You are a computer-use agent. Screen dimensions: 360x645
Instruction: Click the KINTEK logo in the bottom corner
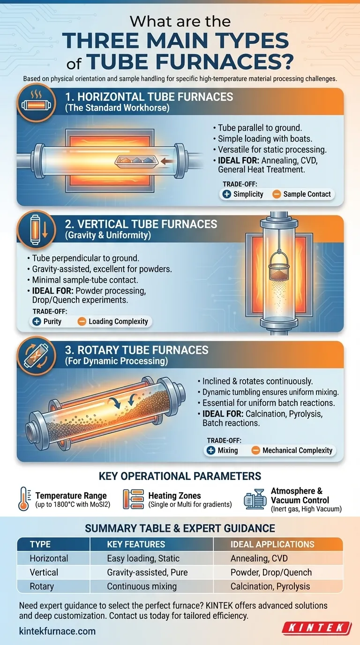[317, 628]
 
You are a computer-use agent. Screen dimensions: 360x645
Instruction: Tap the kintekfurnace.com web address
[57, 631]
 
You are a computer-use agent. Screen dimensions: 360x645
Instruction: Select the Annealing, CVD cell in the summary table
[259, 558]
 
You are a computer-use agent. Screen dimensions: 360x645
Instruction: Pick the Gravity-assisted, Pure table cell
[147, 572]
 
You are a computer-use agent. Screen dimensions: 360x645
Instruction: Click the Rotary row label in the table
[42, 586]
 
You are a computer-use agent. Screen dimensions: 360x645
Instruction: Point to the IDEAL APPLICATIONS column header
[272, 544]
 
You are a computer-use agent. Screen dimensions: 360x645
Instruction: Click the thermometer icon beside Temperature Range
[24, 499]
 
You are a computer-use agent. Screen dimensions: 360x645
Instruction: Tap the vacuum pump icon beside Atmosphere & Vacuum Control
[255, 499]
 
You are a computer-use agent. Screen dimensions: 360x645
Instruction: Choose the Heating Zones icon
[133, 499]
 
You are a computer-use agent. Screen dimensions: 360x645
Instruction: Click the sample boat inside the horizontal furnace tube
[136, 161]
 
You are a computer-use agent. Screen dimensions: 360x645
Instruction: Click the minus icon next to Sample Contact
[277, 194]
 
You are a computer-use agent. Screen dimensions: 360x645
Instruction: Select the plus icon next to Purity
[37, 322]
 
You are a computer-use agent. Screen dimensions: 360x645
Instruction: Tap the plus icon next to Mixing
[211, 450]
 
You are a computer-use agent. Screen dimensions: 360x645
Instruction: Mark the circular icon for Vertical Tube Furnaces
[36, 230]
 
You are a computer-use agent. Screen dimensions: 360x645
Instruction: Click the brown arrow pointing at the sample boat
[167, 161]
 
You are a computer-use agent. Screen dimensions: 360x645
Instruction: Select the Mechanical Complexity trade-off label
[297, 450]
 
